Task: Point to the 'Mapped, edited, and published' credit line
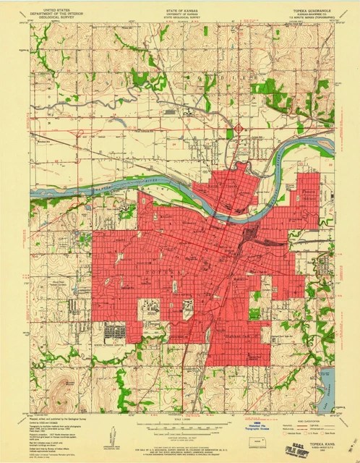pos(58,406)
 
